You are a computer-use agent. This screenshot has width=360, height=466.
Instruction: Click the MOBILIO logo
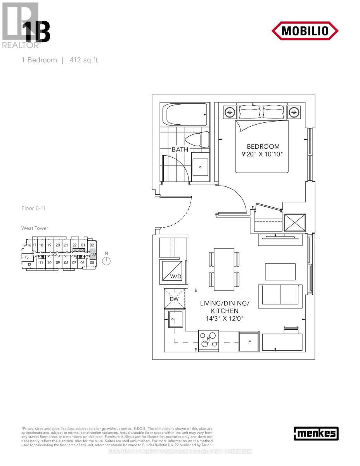click(305, 31)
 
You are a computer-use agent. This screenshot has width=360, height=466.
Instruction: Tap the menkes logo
click(316, 433)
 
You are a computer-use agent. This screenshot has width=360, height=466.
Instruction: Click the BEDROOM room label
click(263, 146)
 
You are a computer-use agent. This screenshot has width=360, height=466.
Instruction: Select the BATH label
click(180, 149)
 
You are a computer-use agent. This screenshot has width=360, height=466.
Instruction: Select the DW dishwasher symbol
click(174, 299)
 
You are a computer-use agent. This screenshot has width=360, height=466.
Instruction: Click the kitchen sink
click(175, 320)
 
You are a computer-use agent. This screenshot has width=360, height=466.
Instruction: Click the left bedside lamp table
click(230, 112)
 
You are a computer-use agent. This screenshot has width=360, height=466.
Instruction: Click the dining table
click(224, 268)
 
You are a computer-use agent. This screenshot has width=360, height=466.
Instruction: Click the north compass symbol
click(106, 261)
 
